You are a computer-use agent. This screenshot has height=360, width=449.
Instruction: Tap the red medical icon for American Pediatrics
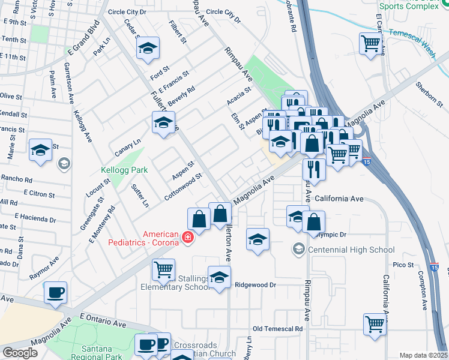pos(188,239)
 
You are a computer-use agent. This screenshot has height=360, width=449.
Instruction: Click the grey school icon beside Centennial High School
pos(298,248)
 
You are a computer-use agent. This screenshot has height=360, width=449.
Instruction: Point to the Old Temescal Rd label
pos(277,329)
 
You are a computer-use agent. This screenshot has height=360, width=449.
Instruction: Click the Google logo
pos(20,353)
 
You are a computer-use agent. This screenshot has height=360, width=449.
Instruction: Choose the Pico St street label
pos(403,265)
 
